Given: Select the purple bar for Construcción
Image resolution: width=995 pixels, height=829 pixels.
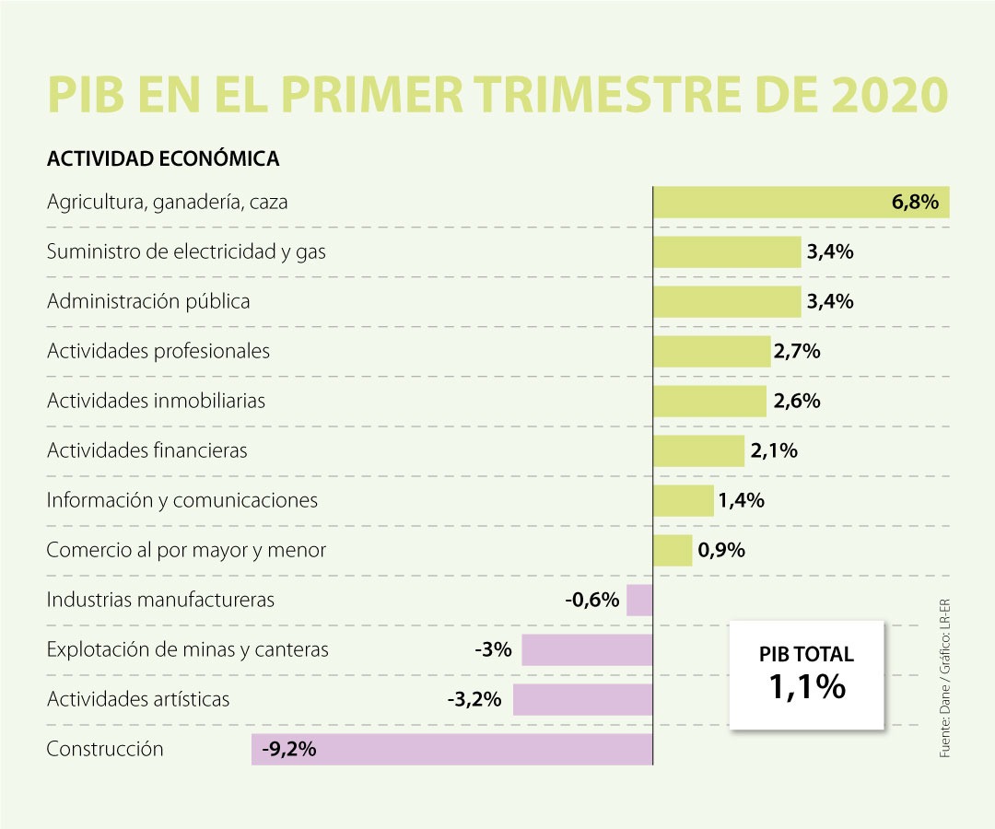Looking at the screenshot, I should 451,749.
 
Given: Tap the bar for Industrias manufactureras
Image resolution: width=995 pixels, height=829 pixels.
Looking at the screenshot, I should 639,600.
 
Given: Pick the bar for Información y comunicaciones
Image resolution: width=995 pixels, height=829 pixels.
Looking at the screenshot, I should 684,500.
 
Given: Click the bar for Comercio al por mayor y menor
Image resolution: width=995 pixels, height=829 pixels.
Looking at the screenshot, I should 673,550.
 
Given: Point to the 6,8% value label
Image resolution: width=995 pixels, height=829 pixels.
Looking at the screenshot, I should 915,202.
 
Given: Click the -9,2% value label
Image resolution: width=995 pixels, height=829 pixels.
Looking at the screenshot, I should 289,749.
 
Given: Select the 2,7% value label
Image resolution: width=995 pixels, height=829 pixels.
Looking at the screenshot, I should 797,351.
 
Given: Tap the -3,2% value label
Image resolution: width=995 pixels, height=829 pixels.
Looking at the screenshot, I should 474,699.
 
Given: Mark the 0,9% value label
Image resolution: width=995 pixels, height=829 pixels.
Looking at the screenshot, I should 721,550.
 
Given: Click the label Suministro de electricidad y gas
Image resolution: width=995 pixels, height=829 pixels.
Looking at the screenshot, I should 186,251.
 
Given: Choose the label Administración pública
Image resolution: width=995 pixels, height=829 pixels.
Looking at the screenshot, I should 148,301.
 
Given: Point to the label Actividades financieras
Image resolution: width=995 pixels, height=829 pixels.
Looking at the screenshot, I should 147,450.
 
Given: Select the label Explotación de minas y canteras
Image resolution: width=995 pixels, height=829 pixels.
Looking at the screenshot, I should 188,649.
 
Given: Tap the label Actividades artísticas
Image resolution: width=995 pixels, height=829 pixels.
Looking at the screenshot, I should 138,699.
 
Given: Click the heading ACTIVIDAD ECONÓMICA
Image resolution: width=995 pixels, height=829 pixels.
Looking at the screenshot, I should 163,159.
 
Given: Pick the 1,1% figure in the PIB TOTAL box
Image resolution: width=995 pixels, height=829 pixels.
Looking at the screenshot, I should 806,686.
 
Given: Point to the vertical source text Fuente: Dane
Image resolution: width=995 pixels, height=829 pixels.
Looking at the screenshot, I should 945,728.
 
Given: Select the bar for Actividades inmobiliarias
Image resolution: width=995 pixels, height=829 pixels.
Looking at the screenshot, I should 709,401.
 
